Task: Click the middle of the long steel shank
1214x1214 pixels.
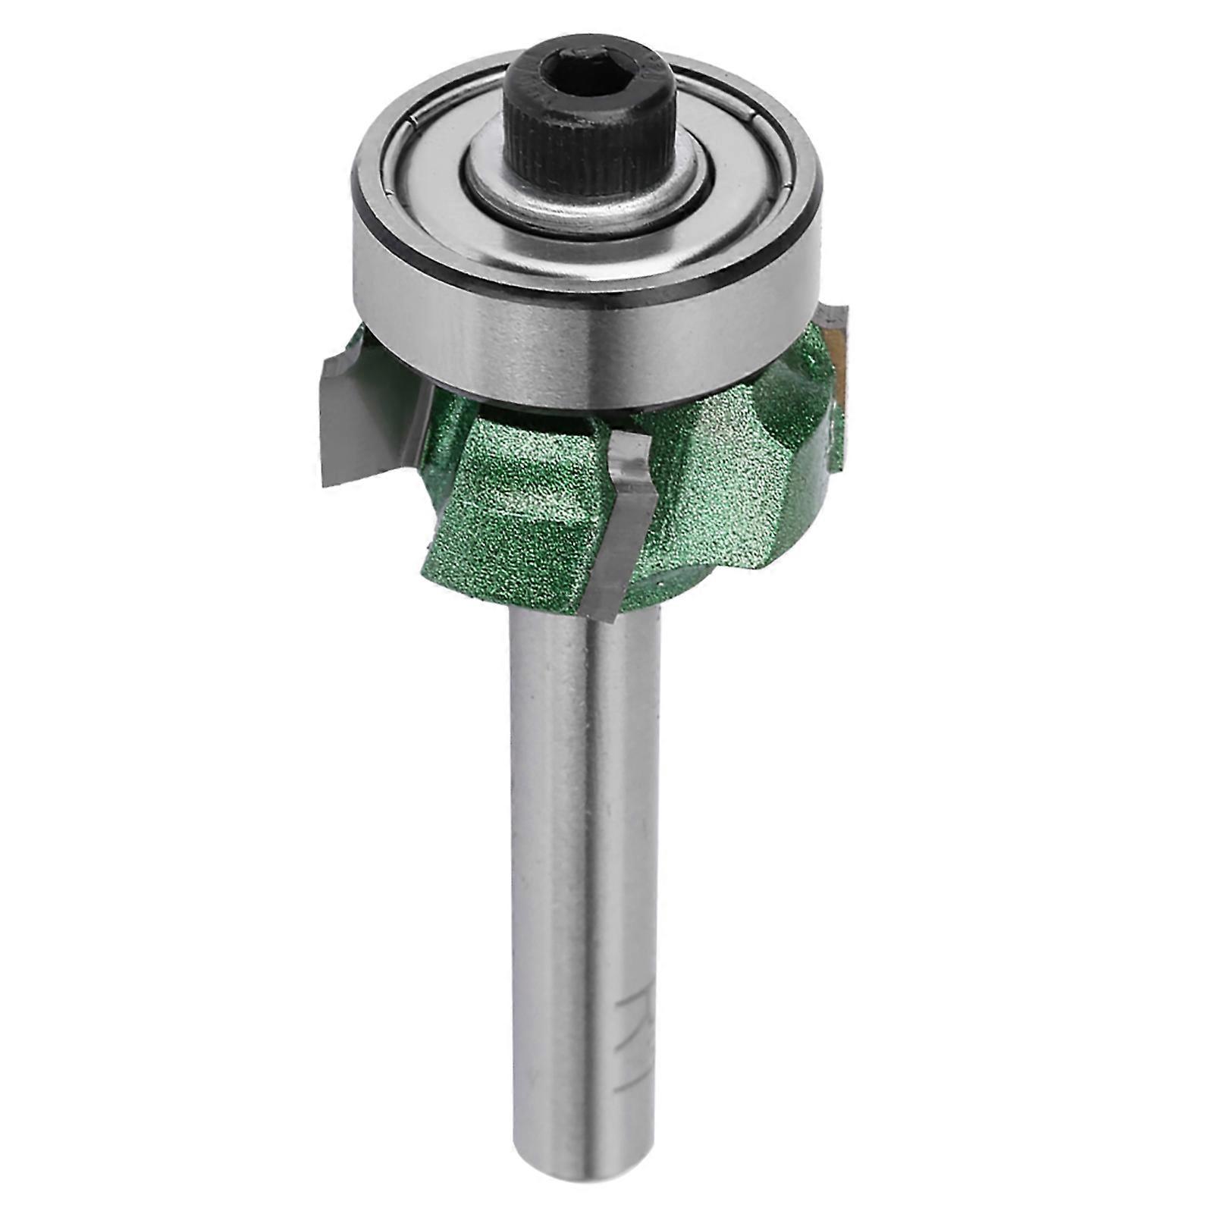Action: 584,872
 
